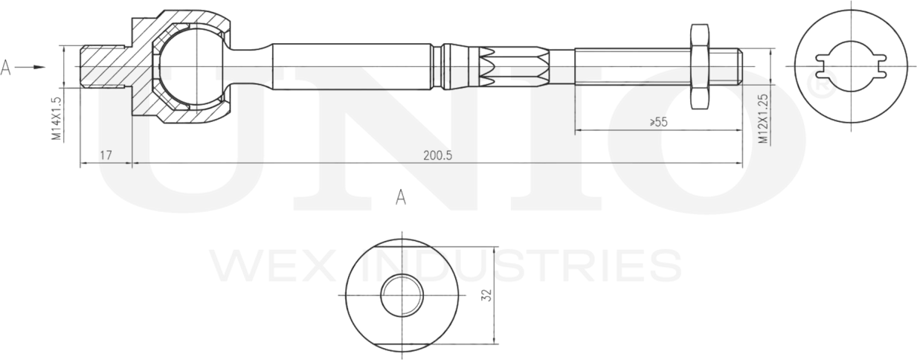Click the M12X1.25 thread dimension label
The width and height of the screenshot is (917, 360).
(x=762, y=119)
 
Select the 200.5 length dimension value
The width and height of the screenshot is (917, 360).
(x=437, y=155)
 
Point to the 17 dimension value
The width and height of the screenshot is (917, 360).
(x=106, y=155)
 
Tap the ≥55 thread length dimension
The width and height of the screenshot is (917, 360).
(x=658, y=122)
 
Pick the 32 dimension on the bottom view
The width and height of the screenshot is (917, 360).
(x=486, y=295)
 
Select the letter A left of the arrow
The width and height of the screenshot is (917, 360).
(x=6, y=68)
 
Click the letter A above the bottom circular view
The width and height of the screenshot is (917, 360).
(x=401, y=197)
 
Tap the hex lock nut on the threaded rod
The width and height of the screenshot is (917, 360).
(x=699, y=66)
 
